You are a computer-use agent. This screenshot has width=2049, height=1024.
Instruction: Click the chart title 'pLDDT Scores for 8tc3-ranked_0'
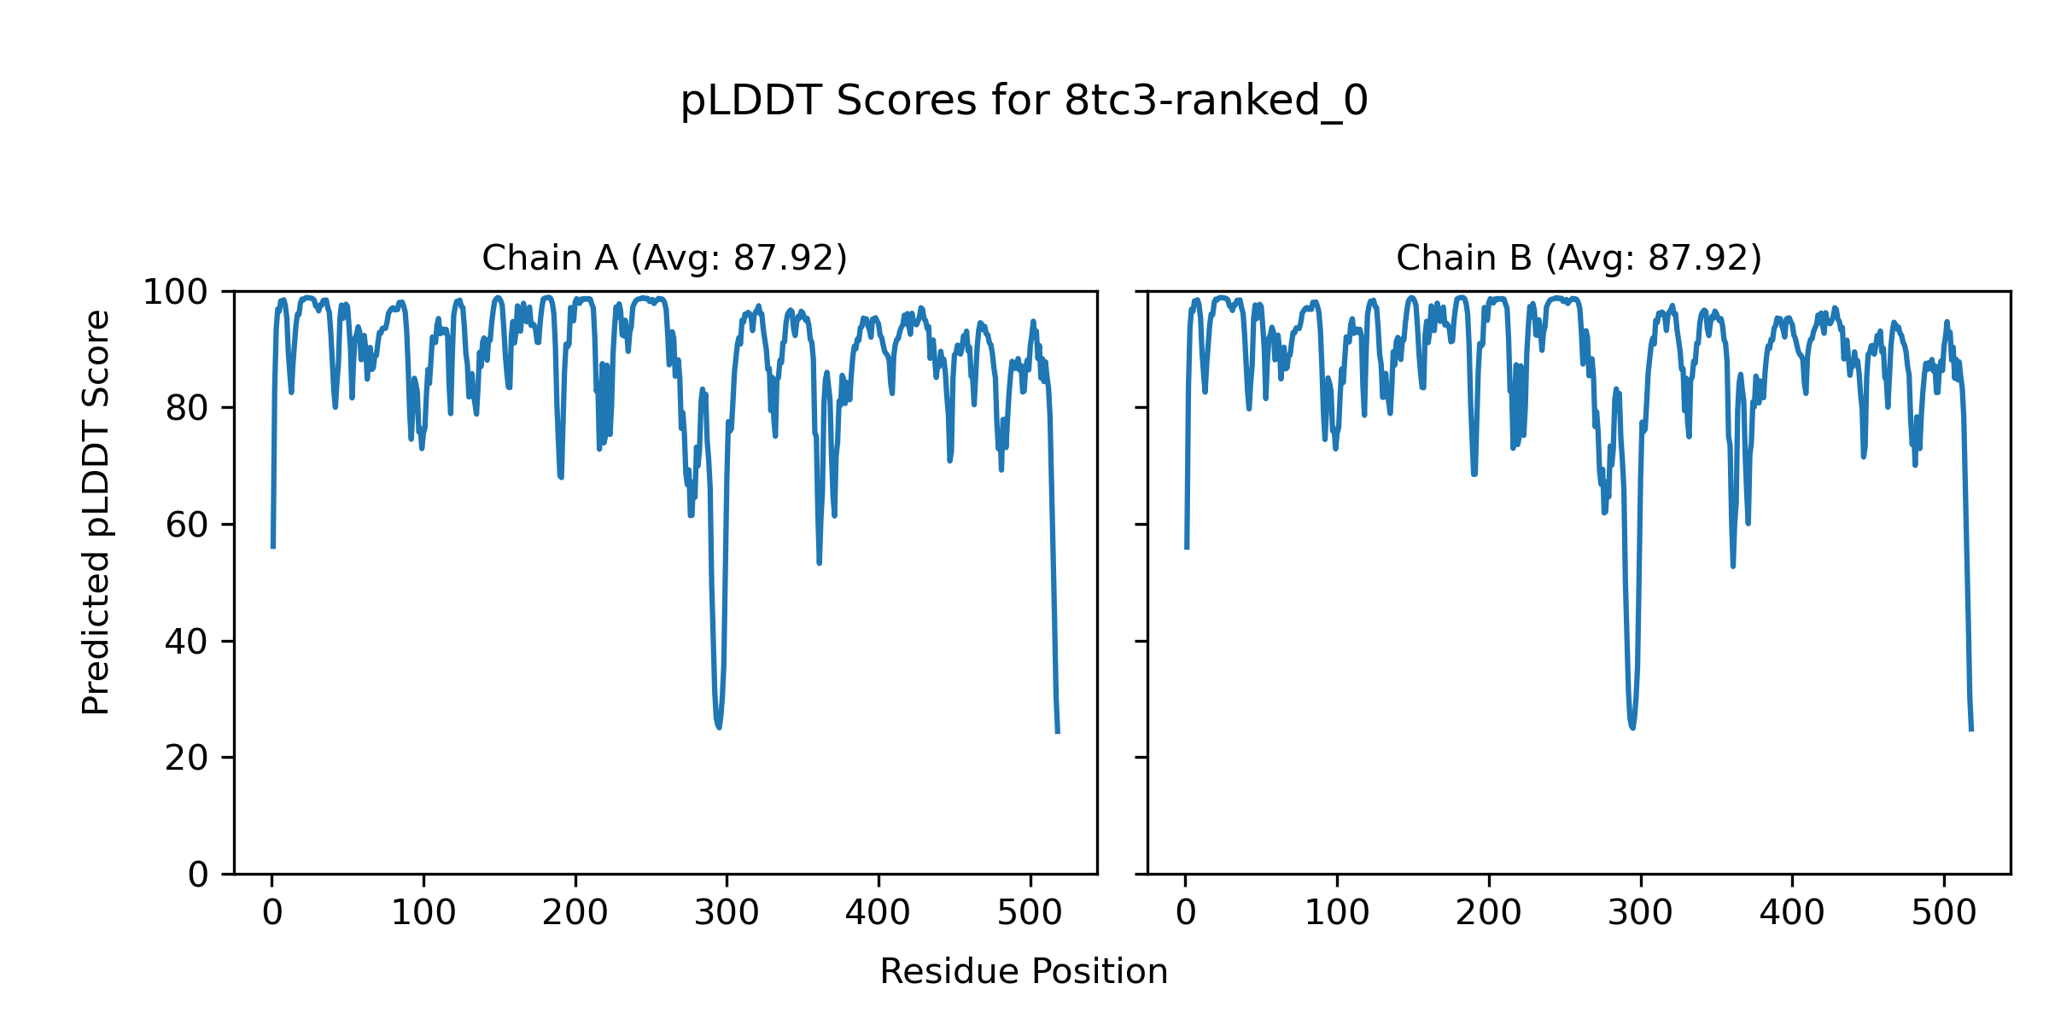coord(1024,102)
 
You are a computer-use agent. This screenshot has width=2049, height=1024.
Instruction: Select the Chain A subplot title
coord(664,258)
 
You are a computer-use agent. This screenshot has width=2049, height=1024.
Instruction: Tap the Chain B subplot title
coord(1579,258)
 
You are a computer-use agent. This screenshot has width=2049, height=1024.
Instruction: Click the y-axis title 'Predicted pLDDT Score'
coord(96,512)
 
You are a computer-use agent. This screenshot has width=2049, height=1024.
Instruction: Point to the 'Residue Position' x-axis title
coord(1024,972)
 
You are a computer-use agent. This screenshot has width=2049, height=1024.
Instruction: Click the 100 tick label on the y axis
coord(175,293)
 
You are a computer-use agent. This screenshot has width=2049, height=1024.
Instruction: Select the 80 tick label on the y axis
coord(187,409)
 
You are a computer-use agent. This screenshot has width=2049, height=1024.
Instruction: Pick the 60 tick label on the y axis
coord(187,525)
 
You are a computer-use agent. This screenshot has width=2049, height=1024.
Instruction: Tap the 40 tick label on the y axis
coord(187,642)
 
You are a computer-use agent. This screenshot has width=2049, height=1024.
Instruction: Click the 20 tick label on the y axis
coord(187,758)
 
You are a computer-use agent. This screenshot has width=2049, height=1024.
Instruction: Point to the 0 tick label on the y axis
coord(198,875)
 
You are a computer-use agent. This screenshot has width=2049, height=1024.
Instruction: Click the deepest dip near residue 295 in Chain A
coord(719,726)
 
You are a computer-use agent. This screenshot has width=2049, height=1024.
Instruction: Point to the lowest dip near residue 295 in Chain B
coord(1632,727)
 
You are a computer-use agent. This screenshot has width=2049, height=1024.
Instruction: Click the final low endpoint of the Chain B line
coord(1971,730)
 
